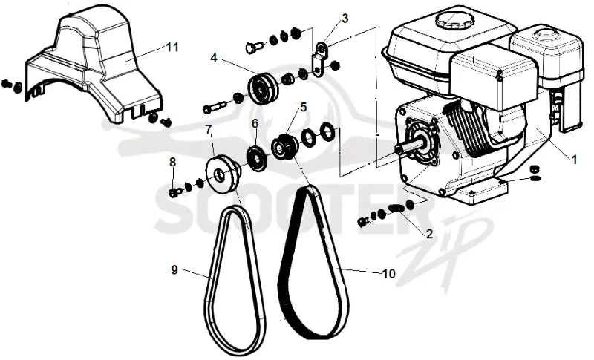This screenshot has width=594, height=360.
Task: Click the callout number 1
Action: (x=574, y=160)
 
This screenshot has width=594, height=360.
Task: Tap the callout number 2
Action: (x=429, y=234)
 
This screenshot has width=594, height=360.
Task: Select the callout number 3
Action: (x=345, y=18)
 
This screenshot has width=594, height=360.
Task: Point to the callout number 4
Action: (x=214, y=58)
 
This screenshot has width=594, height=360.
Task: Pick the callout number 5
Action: (x=303, y=107)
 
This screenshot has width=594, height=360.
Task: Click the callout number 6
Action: (x=255, y=123)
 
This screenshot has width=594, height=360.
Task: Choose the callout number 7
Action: (x=209, y=129)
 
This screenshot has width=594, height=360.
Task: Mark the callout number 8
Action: (x=173, y=162)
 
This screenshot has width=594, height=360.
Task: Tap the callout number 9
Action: (x=174, y=270)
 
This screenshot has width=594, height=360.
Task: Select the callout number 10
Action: (x=388, y=273)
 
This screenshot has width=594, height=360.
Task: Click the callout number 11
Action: (x=172, y=48)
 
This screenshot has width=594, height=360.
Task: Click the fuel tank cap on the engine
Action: (x=453, y=20)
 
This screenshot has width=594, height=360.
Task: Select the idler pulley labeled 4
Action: (x=264, y=89)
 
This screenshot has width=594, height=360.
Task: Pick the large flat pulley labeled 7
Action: (x=222, y=174)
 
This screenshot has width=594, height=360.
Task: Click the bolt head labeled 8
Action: (x=173, y=193)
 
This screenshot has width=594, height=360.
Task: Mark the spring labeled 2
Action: (x=396, y=208)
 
